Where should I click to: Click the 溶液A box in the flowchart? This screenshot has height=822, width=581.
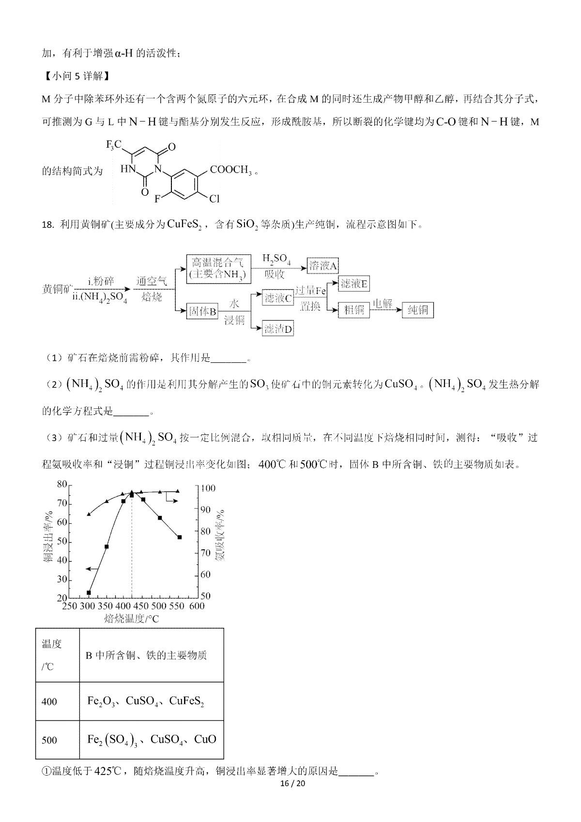click(323, 265)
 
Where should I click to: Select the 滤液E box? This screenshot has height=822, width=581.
click(354, 284)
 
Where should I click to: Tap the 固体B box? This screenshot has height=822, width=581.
click(202, 311)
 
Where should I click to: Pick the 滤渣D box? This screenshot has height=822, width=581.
click(278, 329)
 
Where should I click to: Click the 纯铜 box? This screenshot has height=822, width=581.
click(418, 310)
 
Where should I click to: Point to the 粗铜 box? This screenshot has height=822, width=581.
click(354, 310)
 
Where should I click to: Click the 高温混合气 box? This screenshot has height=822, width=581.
click(219, 268)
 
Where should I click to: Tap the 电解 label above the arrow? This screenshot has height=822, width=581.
click(382, 304)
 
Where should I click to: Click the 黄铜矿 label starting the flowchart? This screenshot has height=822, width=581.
click(55, 289)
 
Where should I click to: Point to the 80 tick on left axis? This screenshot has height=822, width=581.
click(61, 484)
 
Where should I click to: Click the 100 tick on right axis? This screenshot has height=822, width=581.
click(208, 488)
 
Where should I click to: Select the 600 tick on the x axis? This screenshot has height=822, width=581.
click(196, 606)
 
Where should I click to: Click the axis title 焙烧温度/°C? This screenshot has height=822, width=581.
click(131, 619)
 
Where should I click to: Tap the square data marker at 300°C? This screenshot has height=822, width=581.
click(89, 592)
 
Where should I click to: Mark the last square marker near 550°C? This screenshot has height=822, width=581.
click(179, 537)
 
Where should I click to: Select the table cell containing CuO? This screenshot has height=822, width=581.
click(152, 740)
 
